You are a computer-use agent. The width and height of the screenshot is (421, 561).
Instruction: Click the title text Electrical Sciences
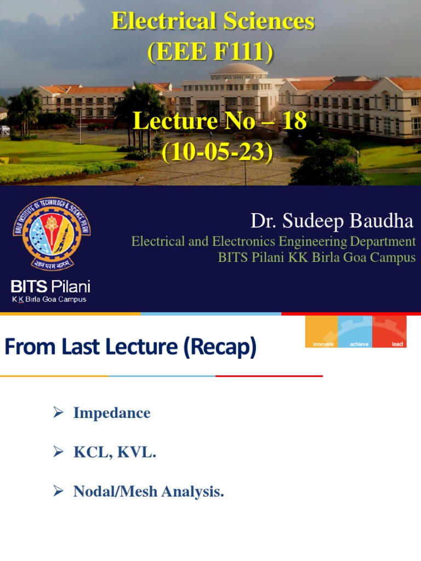(213, 21)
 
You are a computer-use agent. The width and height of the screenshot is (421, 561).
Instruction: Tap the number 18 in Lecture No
(294, 121)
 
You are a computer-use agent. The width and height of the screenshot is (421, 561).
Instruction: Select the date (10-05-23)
(217, 152)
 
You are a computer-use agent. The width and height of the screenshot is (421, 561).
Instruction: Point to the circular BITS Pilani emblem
(52, 233)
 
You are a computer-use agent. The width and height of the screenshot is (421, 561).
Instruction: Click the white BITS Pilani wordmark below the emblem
(51, 287)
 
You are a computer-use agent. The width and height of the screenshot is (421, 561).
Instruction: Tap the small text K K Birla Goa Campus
(49, 300)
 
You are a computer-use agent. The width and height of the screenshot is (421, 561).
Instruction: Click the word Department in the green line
(383, 242)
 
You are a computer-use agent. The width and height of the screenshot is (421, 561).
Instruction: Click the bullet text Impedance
(112, 413)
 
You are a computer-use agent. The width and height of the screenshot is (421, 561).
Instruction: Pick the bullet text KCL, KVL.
(115, 453)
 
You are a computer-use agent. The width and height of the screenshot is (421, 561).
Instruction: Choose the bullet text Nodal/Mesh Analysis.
(149, 492)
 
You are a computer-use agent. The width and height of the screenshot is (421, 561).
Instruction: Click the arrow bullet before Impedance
(59, 413)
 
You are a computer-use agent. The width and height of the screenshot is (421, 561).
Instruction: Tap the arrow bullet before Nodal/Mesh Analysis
(59, 492)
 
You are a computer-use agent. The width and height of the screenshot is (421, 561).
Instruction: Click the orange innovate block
(322, 332)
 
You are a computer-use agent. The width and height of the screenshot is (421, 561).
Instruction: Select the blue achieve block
(355, 332)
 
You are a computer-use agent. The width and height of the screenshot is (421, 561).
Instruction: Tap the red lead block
(390, 332)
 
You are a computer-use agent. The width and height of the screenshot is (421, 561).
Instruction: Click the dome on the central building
(238, 70)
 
